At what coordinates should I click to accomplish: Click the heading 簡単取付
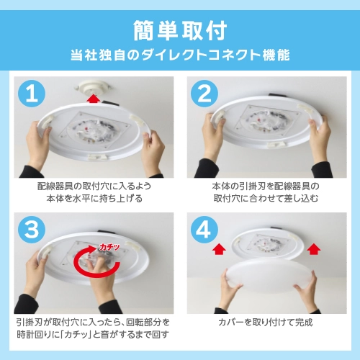(180, 31)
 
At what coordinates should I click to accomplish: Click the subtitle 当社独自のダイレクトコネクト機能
(180, 55)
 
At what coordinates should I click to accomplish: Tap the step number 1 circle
(30, 94)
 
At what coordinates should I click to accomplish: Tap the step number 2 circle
(203, 94)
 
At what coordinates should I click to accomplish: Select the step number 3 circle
(30, 230)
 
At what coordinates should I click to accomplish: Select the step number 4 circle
(203, 230)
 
